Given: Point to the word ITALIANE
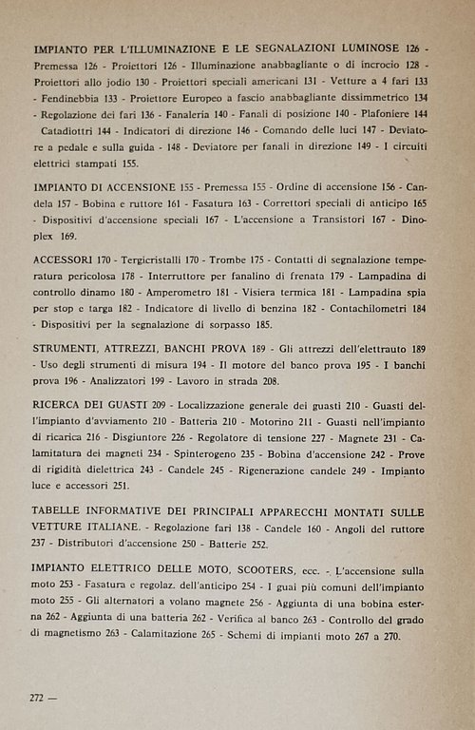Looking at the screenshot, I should (x=114, y=527).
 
